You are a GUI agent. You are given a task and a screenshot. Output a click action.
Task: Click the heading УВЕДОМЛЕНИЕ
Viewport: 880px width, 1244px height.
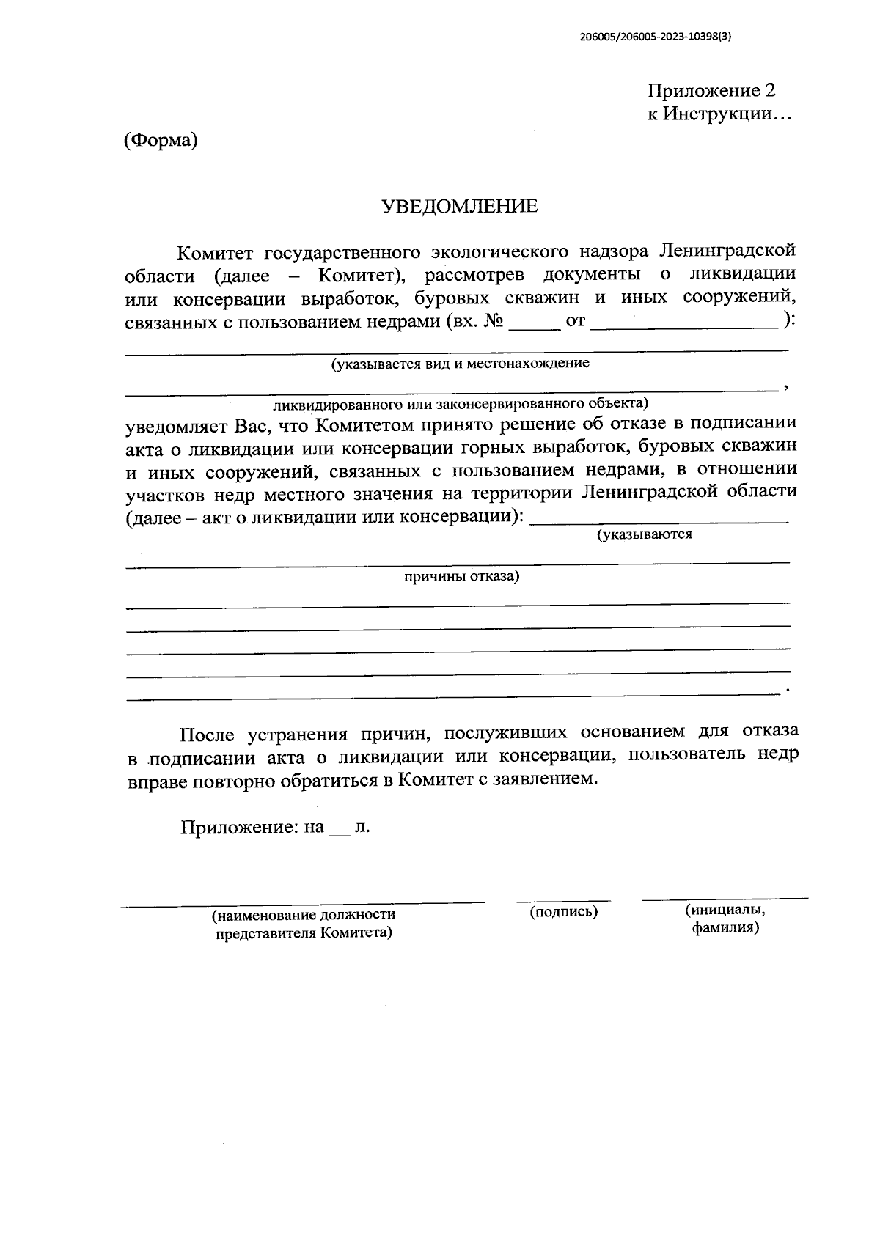pyautogui.click(x=460, y=207)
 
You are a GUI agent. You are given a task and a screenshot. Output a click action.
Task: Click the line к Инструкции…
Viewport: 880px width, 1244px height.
pyautogui.click(x=719, y=114)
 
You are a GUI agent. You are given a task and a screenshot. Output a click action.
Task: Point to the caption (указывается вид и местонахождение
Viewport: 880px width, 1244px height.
pyautogui.click(x=460, y=364)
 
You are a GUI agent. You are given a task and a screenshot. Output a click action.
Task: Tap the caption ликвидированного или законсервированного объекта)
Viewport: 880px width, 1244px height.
pyautogui.click(x=461, y=403)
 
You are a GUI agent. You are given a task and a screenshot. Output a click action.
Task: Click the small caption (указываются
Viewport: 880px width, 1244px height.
pyautogui.click(x=645, y=534)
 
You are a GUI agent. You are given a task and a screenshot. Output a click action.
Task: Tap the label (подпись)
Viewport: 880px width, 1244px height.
pyautogui.click(x=563, y=912)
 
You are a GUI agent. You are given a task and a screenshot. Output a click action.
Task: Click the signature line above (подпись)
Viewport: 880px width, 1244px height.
pyautogui.click(x=563, y=899)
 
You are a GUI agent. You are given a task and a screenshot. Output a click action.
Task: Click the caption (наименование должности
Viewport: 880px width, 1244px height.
pyautogui.click(x=304, y=915)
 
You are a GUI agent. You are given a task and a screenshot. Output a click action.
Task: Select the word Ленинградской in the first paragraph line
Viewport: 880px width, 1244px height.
pyautogui.click(x=727, y=251)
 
